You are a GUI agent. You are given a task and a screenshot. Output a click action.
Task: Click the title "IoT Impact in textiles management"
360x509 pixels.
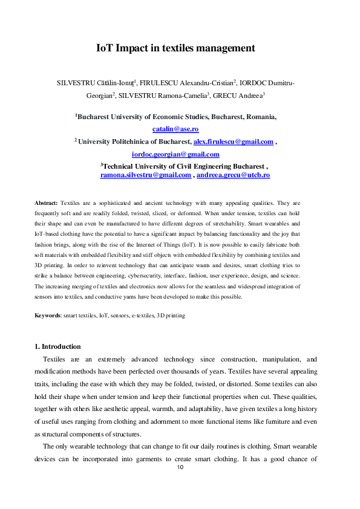coord(175,48)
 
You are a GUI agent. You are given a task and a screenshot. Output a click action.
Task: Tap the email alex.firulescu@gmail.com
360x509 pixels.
coord(233,141)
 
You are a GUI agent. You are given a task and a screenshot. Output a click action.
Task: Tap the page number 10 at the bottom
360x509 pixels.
coord(180,468)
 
